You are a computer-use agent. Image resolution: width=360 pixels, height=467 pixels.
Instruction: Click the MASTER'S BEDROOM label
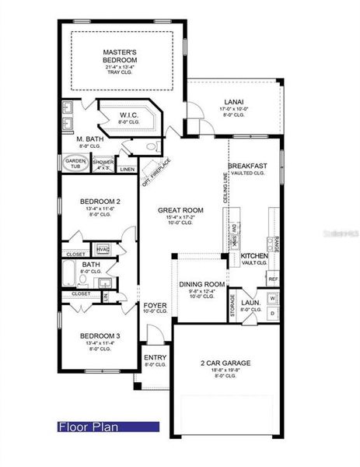[120, 56]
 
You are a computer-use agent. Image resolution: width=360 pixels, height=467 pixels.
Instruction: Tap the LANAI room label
[233, 101]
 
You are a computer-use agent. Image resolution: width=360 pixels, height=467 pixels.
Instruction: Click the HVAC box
[103, 249]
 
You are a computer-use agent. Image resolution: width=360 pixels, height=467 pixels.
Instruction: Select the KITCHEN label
[253, 256]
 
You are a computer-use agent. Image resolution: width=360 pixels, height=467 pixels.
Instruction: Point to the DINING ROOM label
[201, 285]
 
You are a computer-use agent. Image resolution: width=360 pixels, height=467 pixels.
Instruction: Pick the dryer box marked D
[273, 312]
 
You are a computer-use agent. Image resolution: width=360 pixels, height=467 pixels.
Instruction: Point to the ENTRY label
[155, 359]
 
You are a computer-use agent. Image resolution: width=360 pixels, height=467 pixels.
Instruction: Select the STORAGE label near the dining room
[232, 306]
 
